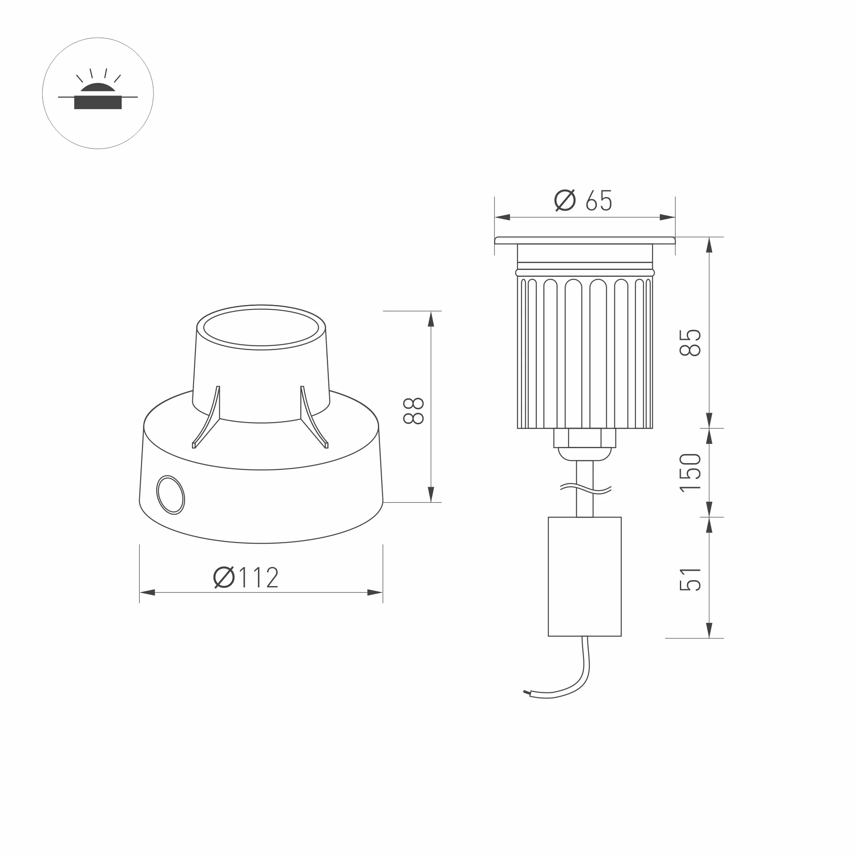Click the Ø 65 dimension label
[x=584, y=201]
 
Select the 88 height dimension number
[x=414, y=411]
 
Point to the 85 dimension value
[x=690, y=342]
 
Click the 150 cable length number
[x=690, y=472]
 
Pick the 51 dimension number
[x=690, y=579]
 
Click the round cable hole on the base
[x=171, y=495]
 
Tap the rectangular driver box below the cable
[x=584, y=576]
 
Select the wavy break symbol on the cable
[x=585, y=489]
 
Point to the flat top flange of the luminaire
[x=584, y=241]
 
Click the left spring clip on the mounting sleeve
[x=207, y=419]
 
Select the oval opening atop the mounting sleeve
[x=261, y=327]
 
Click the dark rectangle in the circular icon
[x=98, y=103]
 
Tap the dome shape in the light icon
[x=98, y=88]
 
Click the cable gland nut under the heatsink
[x=584, y=438]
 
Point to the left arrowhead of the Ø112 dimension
[x=147, y=593]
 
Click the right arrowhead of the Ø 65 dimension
[x=667, y=217]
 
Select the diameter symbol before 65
[x=565, y=200]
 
